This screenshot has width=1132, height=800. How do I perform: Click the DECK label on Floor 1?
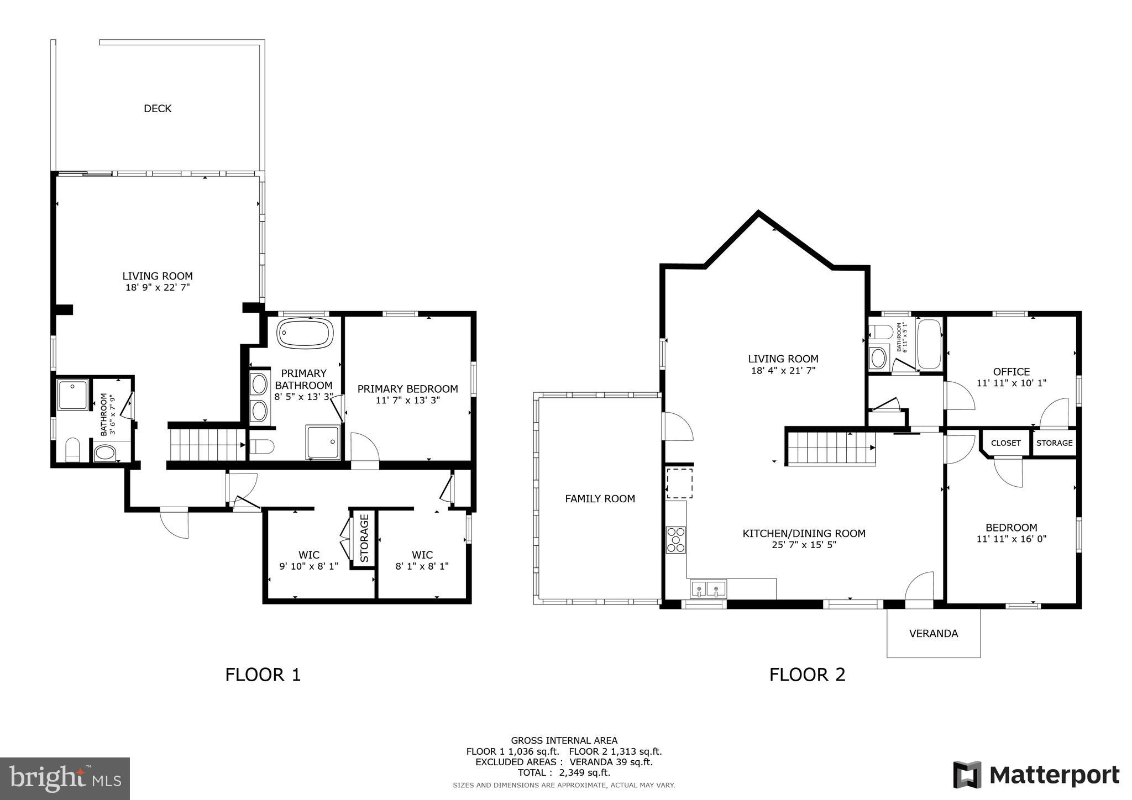[x=158, y=109]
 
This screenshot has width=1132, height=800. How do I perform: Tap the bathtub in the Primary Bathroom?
[x=305, y=333]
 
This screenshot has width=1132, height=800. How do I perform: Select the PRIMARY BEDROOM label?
[x=407, y=389]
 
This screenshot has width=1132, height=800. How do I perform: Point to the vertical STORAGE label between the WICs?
[x=364, y=538]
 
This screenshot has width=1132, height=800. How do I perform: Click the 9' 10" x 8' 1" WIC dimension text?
[x=308, y=566]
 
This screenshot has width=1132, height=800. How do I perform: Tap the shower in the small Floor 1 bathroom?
[x=73, y=394]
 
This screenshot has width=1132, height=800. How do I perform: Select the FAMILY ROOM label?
[x=600, y=499]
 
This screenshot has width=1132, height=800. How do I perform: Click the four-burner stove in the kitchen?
[x=676, y=540]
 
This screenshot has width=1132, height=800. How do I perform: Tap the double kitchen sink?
[x=708, y=589]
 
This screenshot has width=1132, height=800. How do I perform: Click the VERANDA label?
[x=933, y=634]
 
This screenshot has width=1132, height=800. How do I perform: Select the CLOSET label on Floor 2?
[x=1005, y=443]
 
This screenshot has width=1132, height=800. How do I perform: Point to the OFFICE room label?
[x=1011, y=372]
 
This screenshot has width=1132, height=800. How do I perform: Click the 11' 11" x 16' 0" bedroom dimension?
[x=1011, y=539]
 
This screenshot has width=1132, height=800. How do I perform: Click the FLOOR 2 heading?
[x=807, y=675]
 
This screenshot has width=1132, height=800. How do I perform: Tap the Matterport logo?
[x=1036, y=775]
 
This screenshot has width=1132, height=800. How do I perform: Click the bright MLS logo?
[x=65, y=779]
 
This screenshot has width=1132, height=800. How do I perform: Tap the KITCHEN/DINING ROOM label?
[x=803, y=534]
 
